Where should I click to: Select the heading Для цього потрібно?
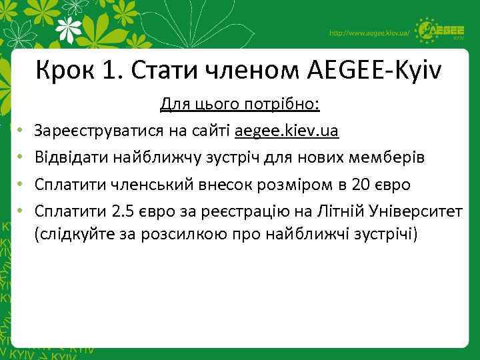(x=239, y=105)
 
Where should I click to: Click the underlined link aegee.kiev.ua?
(x=286, y=131)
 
